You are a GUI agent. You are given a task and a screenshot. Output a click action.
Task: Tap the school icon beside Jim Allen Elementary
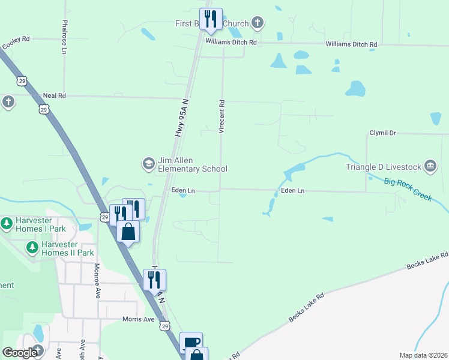148,163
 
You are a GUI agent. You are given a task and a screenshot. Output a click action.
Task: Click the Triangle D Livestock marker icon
430,166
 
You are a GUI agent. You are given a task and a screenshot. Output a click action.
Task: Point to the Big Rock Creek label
408,189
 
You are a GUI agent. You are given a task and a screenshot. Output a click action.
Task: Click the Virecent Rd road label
221,116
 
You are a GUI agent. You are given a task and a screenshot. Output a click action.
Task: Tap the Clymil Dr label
383,133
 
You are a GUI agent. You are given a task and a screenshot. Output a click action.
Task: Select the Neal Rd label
54,95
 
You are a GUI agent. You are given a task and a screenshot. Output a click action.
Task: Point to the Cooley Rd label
16,42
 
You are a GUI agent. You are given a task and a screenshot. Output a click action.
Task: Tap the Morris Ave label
139,319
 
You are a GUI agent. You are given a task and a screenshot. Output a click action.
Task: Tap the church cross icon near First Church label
258,23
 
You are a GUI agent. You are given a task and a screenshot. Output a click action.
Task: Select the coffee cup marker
191,343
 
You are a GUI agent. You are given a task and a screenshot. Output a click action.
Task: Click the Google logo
20,353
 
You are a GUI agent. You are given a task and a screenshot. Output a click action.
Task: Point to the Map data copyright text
423,355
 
